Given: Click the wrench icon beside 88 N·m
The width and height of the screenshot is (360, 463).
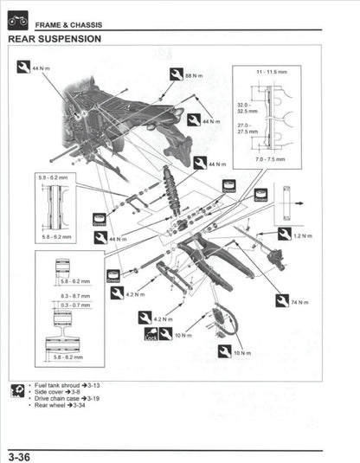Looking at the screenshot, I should point(176,74).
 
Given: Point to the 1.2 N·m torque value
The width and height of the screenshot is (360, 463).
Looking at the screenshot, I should point(302,235).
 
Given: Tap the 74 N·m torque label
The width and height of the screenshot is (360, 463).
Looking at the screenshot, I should point(299,302).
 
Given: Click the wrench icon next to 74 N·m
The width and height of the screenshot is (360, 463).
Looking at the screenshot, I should point(281,301).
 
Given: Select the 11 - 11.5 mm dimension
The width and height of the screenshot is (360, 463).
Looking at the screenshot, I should point(271,70).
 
